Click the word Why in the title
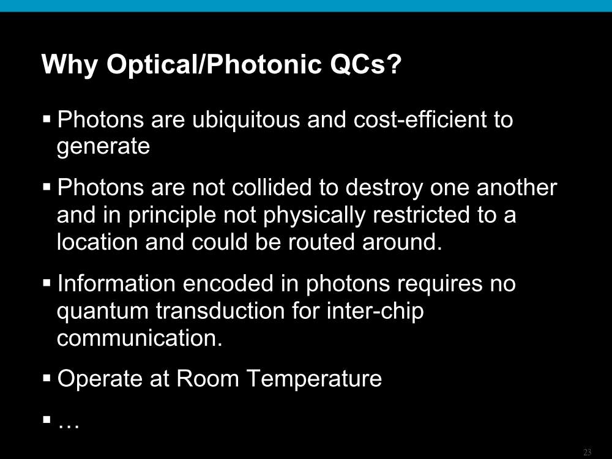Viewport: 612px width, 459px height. pyautogui.click(x=70, y=64)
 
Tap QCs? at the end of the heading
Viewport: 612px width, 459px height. pyautogui.click(x=366, y=64)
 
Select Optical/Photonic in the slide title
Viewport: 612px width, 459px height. pyautogui.click(x=214, y=64)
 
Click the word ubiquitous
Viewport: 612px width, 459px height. pyautogui.click(x=246, y=119)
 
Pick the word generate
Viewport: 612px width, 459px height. pyautogui.click(x=103, y=147)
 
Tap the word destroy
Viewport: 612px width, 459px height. pyautogui.click(x=384, y=188)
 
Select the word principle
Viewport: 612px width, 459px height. pyautogui.click(x=172, y=215)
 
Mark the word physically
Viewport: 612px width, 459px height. pyautogui.click(x=314, y=215)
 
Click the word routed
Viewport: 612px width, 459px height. pyautogui.click(x=321, y=242)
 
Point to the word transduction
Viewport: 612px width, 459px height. pyautogui.click(x=220, y=311)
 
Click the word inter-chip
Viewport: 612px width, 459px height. pyautogui.click(x=375, y=311)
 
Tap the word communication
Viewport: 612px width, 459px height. pyautogui.click(x=140, y=338)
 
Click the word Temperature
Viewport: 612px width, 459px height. pyautogui.click(x=315, y=379)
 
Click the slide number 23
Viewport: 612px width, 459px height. pyautogui.click(x=588, y=452)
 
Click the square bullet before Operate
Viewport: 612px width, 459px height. pyautogui.click(x=47, y=378)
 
